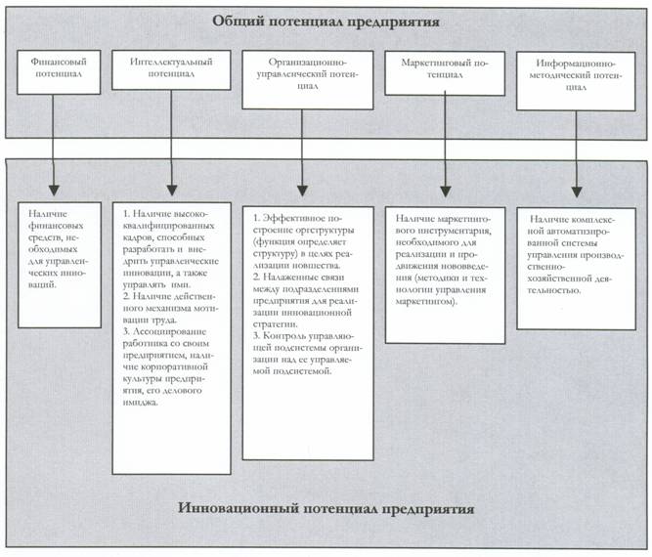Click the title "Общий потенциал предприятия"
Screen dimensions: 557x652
(327, 21)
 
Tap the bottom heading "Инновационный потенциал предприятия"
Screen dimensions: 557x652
(327, 509)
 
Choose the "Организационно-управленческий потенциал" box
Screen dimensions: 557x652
(308, 78)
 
